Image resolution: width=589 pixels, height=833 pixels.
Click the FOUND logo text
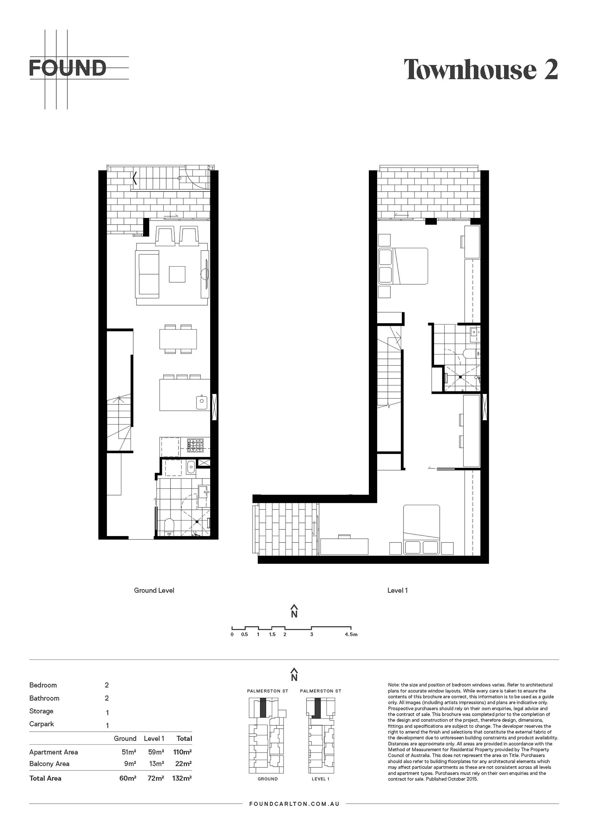[x=68, y=68]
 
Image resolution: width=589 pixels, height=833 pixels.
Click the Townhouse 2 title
[x=481, y=69]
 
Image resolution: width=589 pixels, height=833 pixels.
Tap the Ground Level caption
[x=154, y=590]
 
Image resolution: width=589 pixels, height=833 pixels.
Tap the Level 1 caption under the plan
[x=397, y=590]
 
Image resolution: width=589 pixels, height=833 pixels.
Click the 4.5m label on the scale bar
[x=351, y=634]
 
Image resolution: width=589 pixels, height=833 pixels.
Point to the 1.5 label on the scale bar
[x=272, y=634]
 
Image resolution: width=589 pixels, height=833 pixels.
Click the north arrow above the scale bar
[x=294, y=611]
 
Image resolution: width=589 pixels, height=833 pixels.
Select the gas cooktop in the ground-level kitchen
[x=195, y=445]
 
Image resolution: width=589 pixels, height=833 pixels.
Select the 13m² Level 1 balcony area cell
[x=156, y=764]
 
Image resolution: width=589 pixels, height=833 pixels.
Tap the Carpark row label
[x=42, y=724]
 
